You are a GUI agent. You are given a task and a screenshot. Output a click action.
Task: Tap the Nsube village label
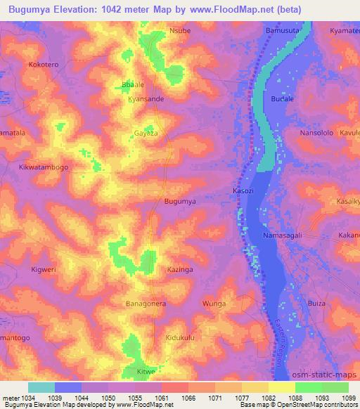pos(180,31)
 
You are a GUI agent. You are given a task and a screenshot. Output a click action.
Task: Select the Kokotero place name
pos(43,64)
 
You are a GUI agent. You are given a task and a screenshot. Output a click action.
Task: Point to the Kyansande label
pos(146,99)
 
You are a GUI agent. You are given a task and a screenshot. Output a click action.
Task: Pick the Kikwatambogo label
pos(43,168)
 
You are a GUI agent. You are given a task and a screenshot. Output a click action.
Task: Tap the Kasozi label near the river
pos(243,190)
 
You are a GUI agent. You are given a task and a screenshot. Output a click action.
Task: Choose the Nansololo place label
pos(300,132)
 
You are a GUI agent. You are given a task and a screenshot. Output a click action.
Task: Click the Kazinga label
pos(180,269)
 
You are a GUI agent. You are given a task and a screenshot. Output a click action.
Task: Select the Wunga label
pos(214,304)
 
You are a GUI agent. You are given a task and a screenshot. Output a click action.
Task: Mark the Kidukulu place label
pos(181,338)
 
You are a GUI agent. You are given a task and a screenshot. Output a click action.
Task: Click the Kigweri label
pos(44,269)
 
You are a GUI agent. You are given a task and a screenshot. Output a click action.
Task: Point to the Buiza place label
pos(317,303)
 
